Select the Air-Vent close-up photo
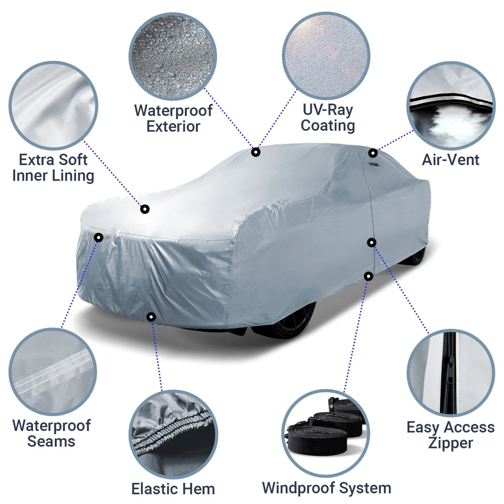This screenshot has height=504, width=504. click(451, 107)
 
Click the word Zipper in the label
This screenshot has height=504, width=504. click(450, 443)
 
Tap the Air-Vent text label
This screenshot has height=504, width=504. click(450, 159)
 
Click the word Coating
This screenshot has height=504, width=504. click(328, 126)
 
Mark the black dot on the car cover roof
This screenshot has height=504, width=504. click(256, 152)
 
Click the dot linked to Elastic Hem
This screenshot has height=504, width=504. click(151, 317)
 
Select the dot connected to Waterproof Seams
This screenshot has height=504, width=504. click(98, 237)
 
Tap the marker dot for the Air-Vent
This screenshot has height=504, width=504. click(372, 153)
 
